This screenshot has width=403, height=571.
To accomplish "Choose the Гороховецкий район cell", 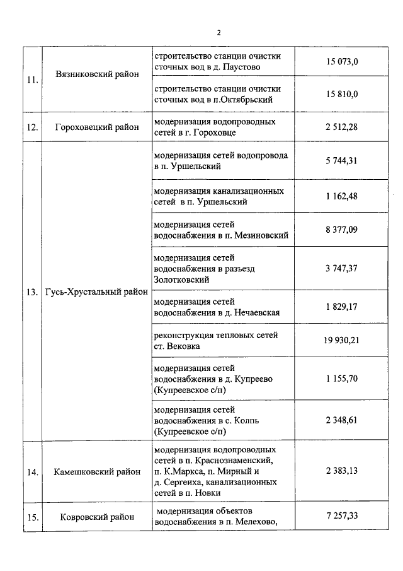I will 96,127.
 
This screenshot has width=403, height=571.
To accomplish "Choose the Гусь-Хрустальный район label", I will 96,292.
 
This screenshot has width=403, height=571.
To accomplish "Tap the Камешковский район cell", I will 96,471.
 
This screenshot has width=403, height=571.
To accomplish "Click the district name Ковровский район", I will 98,517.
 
